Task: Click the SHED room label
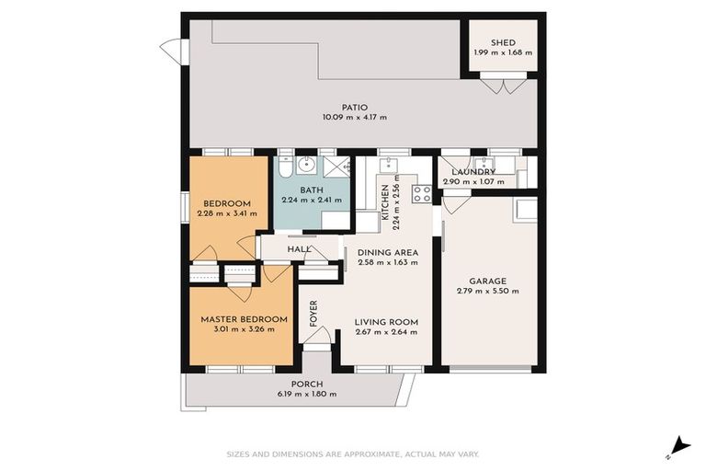coord(503,42)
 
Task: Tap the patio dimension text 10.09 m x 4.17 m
coord(354,117)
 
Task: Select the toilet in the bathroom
coord(285,167)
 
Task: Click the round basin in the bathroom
coord(309,167)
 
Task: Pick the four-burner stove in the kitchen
coord(422,193)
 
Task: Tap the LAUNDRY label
coord(473,172)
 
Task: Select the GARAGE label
coord(487,281)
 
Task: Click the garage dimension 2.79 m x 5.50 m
coord(487,292)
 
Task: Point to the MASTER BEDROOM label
coord(244,319)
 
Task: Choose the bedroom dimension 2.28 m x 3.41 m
coord(226,213)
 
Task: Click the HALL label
coord(299,248)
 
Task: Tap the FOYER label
coord(313,314)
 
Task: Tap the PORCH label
coord(306,385)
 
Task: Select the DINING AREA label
coord(387,252)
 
